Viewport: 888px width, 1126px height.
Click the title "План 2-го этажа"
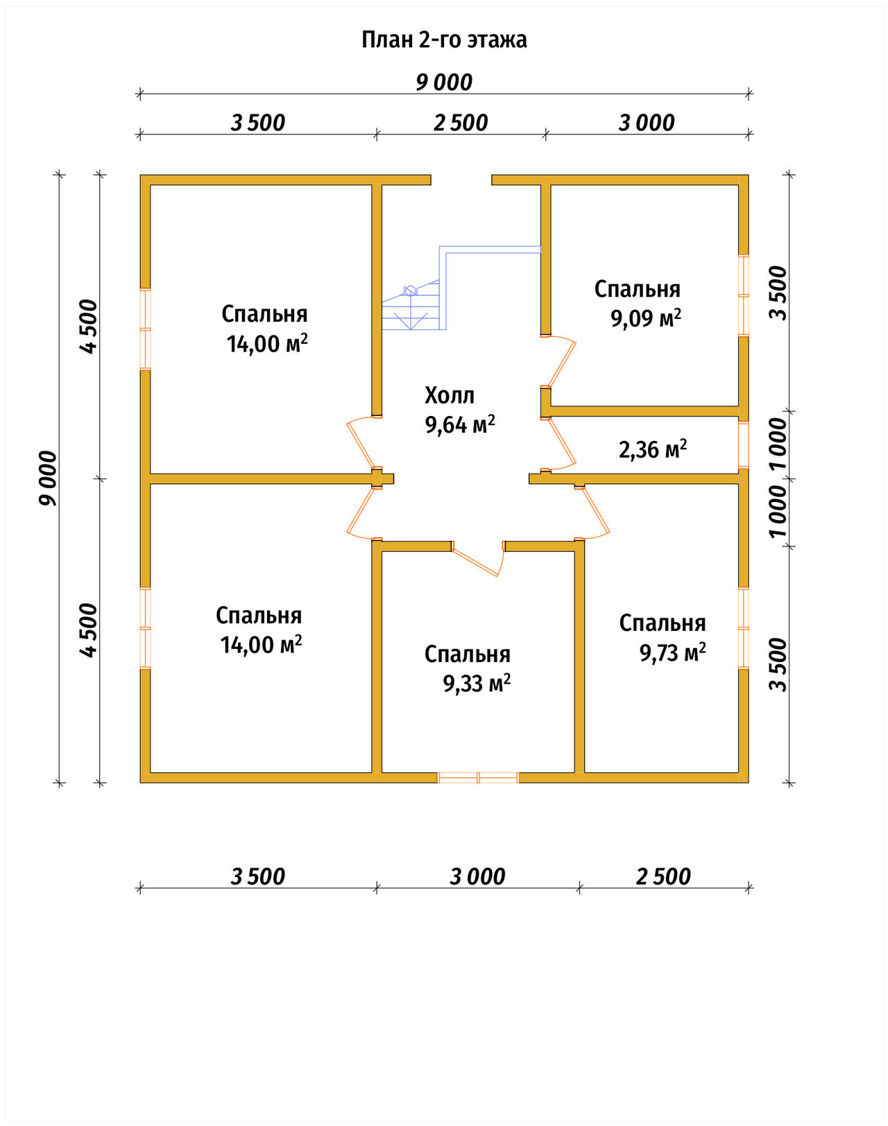point(444,40)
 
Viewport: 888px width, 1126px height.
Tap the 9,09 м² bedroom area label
point(646,318)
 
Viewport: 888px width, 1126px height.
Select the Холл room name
point(450,396)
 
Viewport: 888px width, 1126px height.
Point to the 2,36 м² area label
point(653,449)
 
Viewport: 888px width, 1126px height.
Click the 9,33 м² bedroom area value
point(477,684)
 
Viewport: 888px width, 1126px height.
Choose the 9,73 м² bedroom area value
point(673,652)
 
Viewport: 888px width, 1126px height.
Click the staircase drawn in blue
point(461,288)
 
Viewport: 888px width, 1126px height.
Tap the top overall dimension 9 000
point(444,82)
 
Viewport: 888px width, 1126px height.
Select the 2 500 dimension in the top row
point(461,123)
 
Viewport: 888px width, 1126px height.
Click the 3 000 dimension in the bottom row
point(477,876)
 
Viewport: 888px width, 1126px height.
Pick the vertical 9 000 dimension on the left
point(48,478)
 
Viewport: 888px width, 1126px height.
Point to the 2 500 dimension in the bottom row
point(663,876)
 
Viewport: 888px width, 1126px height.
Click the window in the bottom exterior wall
point(477,777)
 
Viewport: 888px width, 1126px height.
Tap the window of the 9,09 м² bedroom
point(744,295)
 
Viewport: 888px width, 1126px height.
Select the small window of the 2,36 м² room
point(744,444)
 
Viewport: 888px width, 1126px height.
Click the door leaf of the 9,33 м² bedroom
point(475,560)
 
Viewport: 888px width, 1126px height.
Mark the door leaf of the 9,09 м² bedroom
point(561,364)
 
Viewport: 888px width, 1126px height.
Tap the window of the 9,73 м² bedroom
point(744,628)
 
